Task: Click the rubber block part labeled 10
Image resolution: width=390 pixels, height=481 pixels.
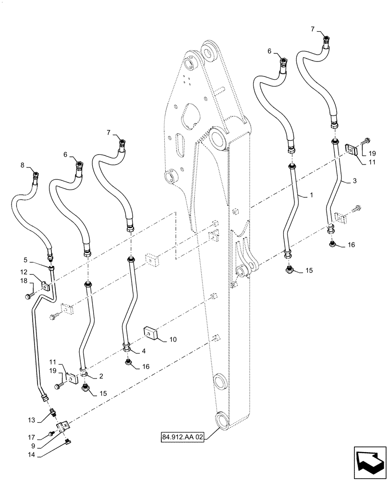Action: pyautogui.click(x=151, y=333)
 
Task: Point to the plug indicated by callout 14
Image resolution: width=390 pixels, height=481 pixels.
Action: pyautogui.click(x=68, y=442)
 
